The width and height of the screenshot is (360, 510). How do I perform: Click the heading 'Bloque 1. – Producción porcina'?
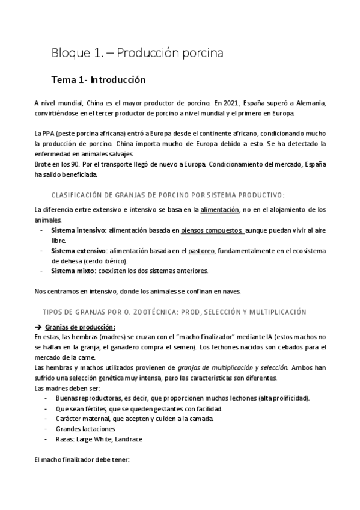(x=138, y=53)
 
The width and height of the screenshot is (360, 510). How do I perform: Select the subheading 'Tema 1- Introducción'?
(x=99, y=79)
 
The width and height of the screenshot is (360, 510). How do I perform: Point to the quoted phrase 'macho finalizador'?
(x=192, y=337)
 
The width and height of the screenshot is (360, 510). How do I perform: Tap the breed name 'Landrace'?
(x=127, y=439)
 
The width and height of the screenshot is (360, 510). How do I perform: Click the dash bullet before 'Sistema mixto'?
(x=41, y=271)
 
